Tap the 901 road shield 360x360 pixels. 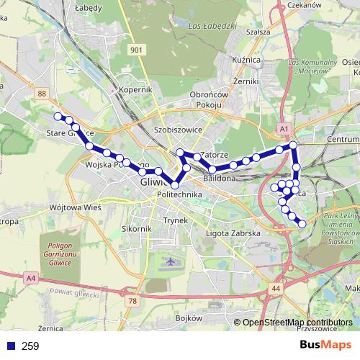point(137,50)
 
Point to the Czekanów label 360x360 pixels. point(304,4)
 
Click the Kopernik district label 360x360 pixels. point(137,91)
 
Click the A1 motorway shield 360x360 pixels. point(284,128)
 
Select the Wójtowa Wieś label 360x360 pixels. point(75,207)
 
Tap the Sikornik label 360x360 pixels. point(136,229)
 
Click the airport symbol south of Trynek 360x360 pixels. point(169,260)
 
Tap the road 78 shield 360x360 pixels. point(132,301)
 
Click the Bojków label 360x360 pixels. point(186,318)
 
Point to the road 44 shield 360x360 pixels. point(276,289)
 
